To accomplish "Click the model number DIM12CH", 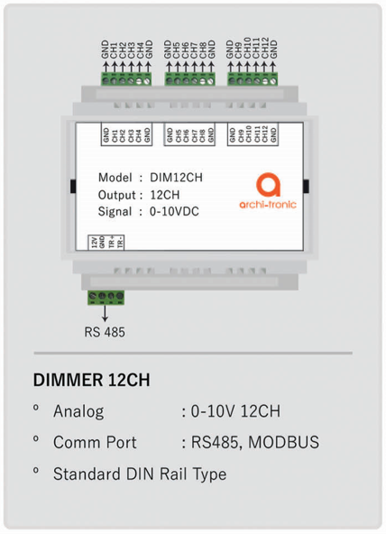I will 176,178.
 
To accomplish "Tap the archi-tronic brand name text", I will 269,205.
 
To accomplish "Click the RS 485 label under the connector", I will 105,331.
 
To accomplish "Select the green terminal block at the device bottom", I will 106,298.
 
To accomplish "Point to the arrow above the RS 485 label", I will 105,313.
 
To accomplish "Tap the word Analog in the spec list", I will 78,412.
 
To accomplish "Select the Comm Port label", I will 95,442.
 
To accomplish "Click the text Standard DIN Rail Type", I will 139,473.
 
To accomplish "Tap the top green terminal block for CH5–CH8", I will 189,78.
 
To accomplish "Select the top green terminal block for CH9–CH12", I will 252,78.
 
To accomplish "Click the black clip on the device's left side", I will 70,188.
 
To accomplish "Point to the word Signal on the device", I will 114,212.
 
